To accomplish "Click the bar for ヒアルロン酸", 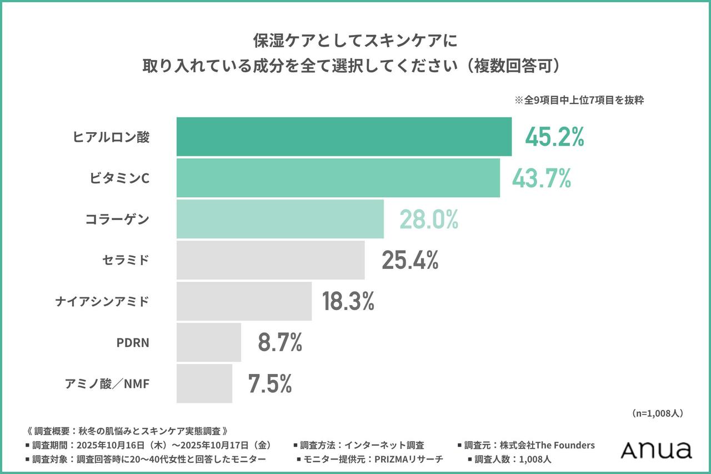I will pos(344,137).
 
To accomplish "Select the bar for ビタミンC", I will pos(338,178).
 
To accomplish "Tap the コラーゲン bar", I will pos(280,219).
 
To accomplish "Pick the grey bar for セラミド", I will pos(271,260).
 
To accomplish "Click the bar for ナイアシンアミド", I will pos(244,301).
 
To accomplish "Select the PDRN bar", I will pos(209,342).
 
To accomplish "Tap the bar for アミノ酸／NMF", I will pos(204,383).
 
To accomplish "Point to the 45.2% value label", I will pos(554,137).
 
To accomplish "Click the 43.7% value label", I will pos(542,178).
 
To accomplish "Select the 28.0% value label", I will pos(429,219).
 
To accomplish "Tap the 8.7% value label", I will pos(280,343).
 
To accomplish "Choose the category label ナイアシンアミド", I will pos(102,302).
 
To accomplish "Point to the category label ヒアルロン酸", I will pos(112,137).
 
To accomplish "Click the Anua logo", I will pos(656,450).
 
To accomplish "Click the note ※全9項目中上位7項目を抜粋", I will pos(579,101).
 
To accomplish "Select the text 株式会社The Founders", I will pos(547,445).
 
